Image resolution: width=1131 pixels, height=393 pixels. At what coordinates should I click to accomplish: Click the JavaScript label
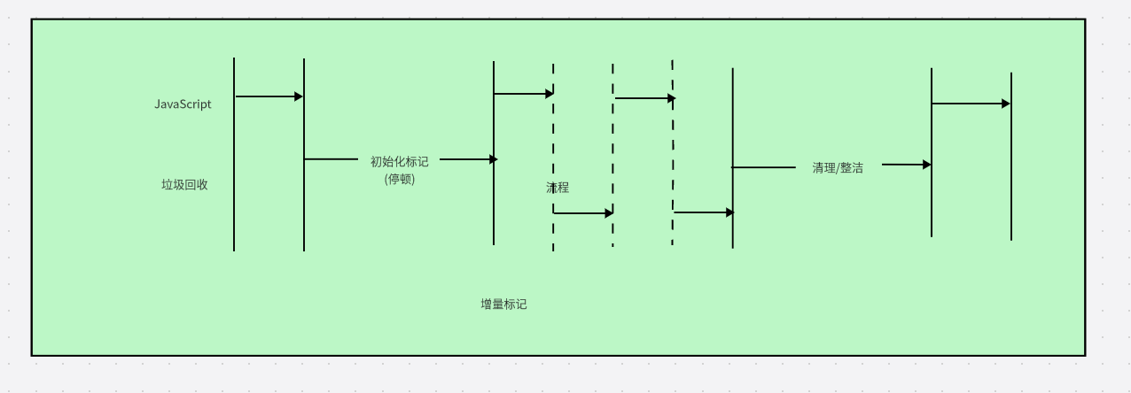tap(183, 104)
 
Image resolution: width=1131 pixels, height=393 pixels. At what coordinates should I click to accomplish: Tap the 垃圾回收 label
tap(184, 185)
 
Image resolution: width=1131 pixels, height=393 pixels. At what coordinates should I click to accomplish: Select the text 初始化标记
tap(399, 162)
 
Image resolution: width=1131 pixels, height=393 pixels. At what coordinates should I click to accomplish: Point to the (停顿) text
tap(399, 179)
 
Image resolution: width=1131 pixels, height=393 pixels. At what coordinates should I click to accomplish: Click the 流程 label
tap(558, 188)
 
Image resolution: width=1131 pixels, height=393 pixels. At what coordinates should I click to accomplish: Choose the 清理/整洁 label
tap(838, 167)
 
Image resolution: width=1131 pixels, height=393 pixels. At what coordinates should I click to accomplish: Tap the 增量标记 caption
tap(503, 304)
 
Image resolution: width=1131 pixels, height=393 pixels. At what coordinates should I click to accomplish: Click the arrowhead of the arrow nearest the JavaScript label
tap(299, 96)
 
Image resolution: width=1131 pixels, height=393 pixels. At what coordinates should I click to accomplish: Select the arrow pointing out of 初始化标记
tap(468, 159)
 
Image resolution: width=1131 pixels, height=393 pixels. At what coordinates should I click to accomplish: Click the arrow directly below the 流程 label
tap(582, 213)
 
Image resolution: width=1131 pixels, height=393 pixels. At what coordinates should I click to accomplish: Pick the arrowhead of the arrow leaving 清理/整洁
tap(926, 165)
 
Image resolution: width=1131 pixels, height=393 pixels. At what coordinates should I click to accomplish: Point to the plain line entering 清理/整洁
tap(763, 167)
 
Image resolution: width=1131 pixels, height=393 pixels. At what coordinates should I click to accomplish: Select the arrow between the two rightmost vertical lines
tap(971, 104)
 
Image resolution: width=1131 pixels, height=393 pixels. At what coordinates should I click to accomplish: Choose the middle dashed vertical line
tap(612, 150)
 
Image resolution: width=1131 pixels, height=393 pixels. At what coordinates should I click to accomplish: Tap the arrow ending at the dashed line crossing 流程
tap(523, 93)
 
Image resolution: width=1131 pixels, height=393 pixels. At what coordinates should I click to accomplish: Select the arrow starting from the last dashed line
tap(703, 212)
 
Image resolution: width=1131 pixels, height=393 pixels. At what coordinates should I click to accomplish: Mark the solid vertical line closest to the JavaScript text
tap(234, 177)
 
